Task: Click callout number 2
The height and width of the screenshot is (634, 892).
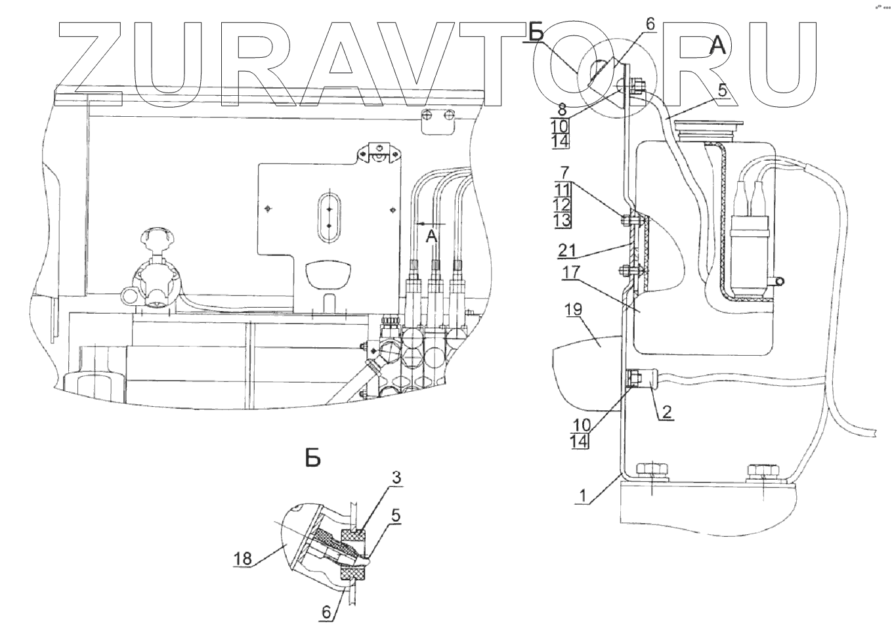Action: pos(666,412)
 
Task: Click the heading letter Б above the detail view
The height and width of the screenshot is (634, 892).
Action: pos(313,457)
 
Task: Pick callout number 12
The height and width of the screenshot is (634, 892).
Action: pos(563,205)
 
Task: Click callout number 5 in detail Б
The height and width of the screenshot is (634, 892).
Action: pos(394,515)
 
